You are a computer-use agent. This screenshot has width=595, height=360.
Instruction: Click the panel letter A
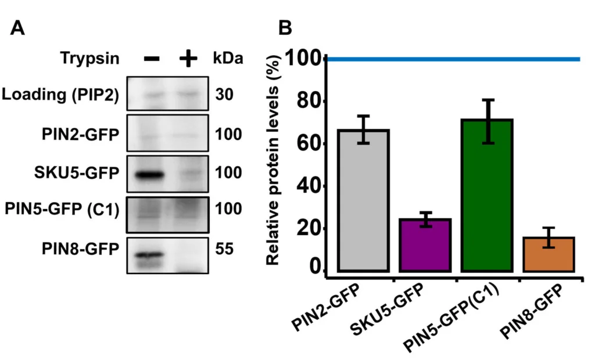tap(18, 27)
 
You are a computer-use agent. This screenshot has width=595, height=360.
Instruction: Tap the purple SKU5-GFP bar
tap(425, 245)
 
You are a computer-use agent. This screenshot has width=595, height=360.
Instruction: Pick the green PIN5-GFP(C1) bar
tap(486, 195)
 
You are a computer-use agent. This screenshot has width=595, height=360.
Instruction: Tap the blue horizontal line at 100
tap(453, 59)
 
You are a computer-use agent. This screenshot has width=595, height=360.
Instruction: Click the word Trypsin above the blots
tap(90, 59)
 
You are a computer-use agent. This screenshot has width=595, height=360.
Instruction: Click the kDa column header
tap(228, 59)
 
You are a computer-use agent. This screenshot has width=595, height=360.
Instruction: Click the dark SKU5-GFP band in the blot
tap(146, 174)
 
